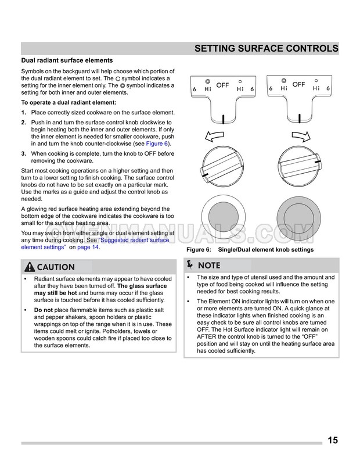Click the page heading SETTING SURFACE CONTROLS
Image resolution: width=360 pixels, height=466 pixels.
pos(266,48)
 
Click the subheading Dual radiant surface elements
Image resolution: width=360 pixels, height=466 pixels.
pos(67,60)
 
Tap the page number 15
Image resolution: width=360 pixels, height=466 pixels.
pos(332,440)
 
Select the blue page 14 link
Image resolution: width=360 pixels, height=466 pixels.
pos(88,247)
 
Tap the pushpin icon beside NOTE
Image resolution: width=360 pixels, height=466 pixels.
pos(192,265)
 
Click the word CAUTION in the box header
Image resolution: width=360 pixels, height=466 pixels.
pos(56,267)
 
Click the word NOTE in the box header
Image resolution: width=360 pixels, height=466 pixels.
pos(209,266)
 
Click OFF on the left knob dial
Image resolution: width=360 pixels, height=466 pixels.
pos(223,85)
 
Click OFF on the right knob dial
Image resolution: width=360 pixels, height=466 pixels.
pos(298,85)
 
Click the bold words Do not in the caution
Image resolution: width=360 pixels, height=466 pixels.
pos(44,310)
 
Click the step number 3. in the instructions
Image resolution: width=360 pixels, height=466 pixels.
pos(24,153)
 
